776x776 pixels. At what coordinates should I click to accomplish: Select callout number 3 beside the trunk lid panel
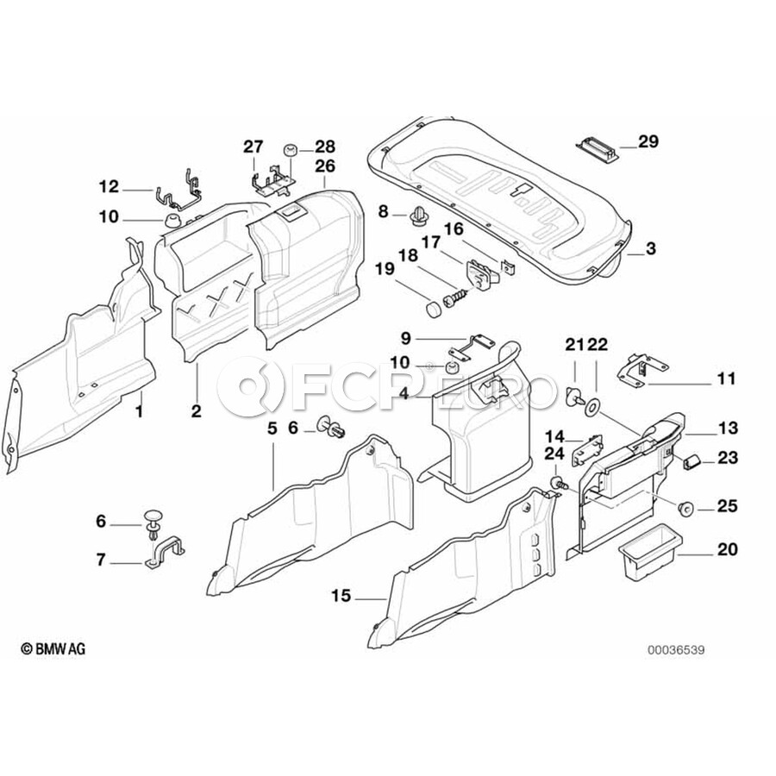point(650,248)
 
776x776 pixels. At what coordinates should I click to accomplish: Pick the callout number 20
point(728,548)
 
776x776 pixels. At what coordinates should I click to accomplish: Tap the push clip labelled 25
point(687,507)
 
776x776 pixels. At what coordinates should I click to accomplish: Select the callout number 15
point(341,595)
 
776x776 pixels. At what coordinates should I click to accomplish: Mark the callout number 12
point(109,186)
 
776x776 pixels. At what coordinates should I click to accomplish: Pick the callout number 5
point(272,427)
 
